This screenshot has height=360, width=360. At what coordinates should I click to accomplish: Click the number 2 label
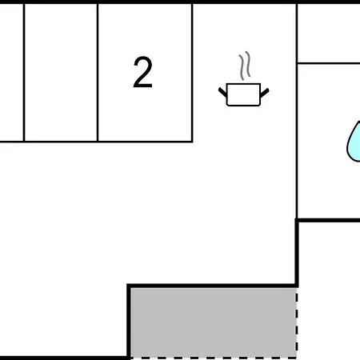[x=142, y=72]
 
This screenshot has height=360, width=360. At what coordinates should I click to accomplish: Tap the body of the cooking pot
[x=243, y=94]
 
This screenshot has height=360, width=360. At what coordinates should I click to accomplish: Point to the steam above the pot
[x=245, y=66]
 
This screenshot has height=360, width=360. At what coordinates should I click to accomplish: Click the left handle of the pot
[x=222, y=92]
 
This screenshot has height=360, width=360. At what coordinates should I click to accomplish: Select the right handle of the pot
[x=264, y=93]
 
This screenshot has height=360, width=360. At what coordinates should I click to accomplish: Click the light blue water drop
[x=354, y=142]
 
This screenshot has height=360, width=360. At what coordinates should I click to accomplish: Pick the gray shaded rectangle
[x=213, y=322]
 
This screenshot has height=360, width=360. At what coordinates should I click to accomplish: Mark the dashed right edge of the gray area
[x=296, y=322]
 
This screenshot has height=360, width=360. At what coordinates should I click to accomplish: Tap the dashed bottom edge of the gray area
[x=213, y=358]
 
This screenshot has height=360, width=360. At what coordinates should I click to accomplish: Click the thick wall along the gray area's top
[x=212, y=286]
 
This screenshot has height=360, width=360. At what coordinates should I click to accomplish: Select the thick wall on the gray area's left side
[x=129, y=322]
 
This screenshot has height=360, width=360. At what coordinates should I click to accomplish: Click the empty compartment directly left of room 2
[x=61, y=72]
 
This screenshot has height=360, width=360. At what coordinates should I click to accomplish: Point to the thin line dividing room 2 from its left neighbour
[x=98, y=73]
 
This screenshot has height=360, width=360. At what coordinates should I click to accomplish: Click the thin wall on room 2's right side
[x=192, y=73]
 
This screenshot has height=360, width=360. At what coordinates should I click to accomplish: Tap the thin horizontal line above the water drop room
[x=329, y=63]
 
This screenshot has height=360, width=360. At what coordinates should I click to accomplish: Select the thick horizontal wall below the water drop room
[x=328, y=220]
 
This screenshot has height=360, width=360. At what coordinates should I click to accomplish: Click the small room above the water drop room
[x=329, y=33]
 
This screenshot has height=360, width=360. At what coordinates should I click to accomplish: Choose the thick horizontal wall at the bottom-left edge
[x=64, y=358]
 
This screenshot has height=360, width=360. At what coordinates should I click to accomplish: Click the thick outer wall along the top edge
[x=180, y=2]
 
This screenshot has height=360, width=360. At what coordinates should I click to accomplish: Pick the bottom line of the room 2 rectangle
[x=96, y=142]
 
